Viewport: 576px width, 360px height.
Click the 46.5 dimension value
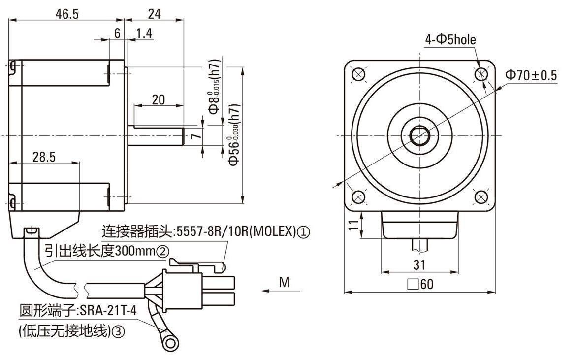[67, 14]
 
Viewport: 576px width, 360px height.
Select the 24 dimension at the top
[154, 14]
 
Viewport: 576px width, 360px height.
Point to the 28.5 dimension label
[44, 157]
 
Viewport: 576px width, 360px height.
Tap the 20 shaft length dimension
[158, 99]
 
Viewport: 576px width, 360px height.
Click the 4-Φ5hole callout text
[450, 39]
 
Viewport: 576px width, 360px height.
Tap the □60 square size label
[420, 285]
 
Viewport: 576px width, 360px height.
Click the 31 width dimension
[419, 264]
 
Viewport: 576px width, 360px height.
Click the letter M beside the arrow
[284, 282]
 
